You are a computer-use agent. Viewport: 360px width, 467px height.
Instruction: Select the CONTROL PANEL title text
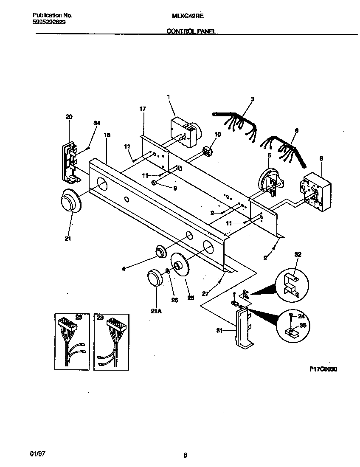191,31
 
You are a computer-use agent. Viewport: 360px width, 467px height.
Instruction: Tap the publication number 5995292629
49,22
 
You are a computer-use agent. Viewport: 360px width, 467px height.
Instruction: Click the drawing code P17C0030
323,369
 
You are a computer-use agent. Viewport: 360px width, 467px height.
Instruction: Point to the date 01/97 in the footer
38,453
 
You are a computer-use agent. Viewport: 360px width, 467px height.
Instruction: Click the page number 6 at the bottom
185,456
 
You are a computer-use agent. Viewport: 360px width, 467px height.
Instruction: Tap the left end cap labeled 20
70,161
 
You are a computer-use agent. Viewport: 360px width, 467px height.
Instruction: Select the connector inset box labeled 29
111,342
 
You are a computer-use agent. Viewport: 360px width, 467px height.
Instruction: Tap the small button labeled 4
160,252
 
